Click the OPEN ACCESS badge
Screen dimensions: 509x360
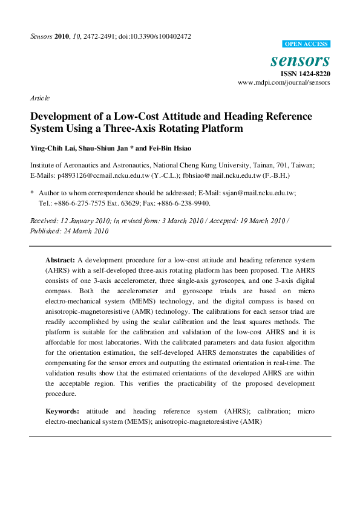[307, 44]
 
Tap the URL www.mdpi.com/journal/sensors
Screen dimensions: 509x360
[284, 82]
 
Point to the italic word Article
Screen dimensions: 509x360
[39, 98]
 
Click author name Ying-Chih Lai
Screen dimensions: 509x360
[53, 149]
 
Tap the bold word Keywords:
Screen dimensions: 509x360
[62, 412]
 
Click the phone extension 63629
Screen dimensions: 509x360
[123, 203]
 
